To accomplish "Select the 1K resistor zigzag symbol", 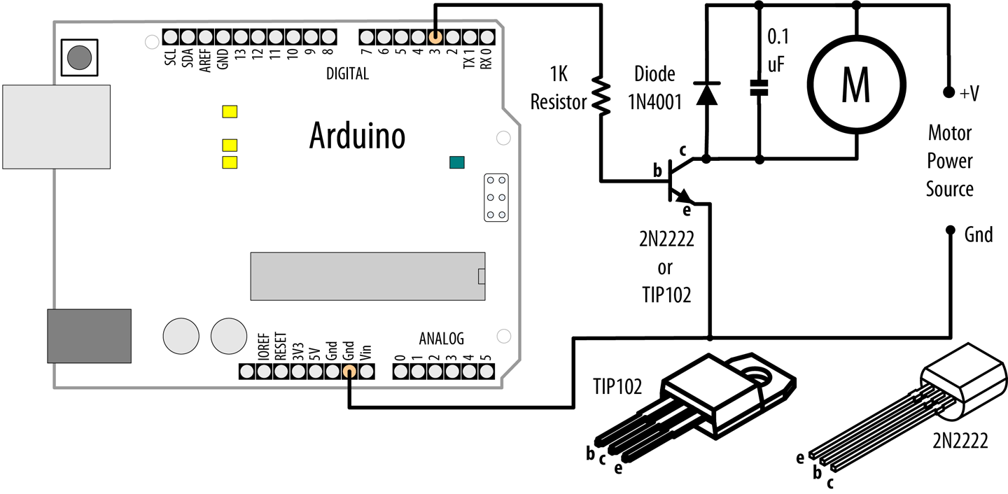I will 600,94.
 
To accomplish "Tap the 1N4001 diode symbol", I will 706,94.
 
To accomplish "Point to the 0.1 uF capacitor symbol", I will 759,88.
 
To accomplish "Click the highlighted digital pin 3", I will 435,36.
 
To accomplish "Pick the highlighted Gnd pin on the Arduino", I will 349,372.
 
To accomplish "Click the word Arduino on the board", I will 357,136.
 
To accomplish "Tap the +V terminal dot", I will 949,92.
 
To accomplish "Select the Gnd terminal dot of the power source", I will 950,230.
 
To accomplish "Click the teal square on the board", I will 457,163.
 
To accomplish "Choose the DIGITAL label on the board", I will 347,74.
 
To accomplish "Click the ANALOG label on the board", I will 441,339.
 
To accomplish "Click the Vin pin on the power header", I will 366,372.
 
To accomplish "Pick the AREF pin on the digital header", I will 206,36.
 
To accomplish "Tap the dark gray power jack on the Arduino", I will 89,336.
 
